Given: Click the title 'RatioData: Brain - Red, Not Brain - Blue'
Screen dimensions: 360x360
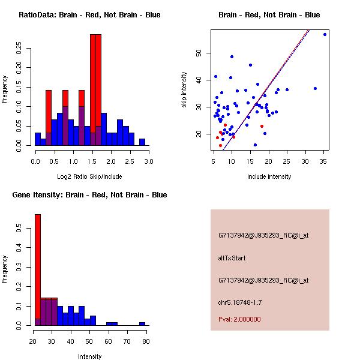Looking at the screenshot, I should coord(89,15).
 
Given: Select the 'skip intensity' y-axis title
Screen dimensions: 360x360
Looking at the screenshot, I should coord(185,90).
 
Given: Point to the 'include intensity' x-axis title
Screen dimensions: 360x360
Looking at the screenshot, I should coord(269,176).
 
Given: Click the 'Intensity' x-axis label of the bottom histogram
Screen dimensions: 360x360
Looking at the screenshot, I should coord(90,356).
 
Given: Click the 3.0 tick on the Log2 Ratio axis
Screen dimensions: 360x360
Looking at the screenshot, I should coord(149,161).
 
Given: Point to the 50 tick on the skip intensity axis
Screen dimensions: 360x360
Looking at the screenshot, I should coord(199,53).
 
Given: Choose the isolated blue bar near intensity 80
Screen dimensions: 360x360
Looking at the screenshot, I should coord(142,323).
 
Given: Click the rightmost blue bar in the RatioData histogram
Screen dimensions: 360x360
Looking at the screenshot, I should coord(142,142).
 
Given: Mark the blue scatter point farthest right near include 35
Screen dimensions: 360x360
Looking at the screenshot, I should coord(325,34).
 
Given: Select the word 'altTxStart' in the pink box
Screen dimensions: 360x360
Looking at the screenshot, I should coord(232,258).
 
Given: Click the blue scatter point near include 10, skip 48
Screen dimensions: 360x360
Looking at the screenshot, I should coord(232,57).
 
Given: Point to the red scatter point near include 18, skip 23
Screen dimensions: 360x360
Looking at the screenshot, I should coord(262,126).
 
